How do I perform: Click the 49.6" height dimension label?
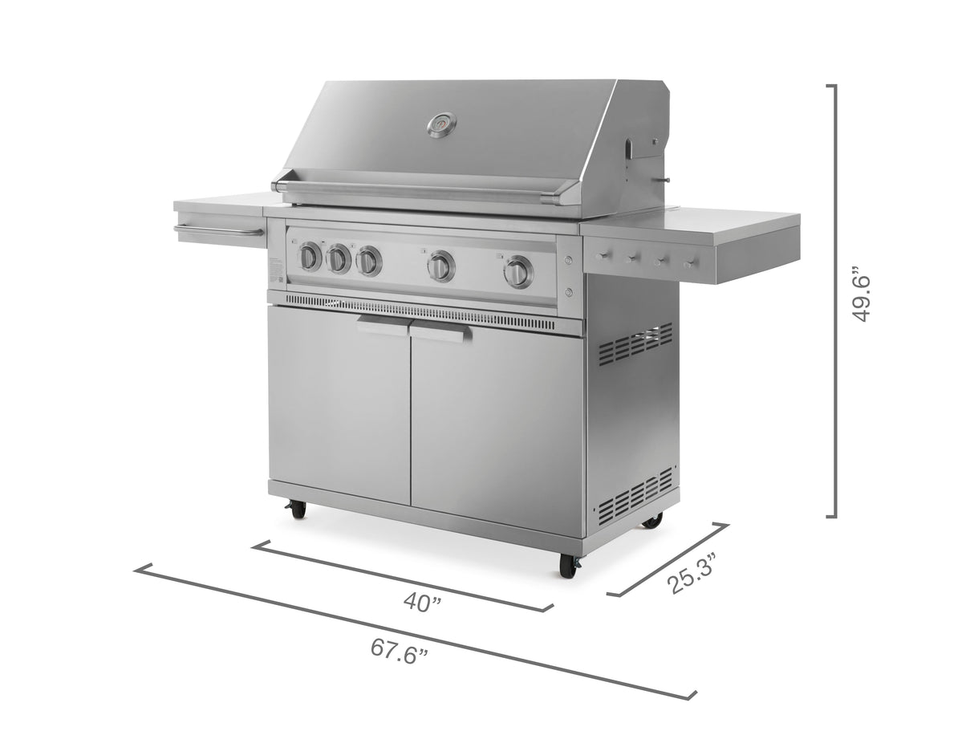(862, 297)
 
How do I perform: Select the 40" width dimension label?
(422, 602)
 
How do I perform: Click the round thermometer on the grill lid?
(441, 124)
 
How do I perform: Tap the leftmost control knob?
(310, 257)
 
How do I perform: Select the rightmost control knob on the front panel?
(519, 272)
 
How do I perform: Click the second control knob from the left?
(339, 259)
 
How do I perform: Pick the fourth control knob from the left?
(440, 266)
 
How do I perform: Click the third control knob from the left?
(368, 262)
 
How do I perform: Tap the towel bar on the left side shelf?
(218, 232)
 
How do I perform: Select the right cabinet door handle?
(440, 331)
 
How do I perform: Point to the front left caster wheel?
(298, 509)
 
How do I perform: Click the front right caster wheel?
(568, 565)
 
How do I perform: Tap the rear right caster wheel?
(653, 521)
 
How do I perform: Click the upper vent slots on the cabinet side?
(635, 343)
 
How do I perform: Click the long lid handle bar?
(425, 190)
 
